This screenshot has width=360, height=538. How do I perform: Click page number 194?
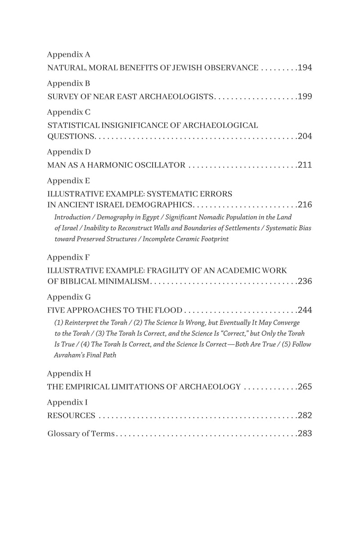coord(305,68)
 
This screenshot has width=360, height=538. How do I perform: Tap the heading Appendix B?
coord(68,83)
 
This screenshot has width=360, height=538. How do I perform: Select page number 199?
coord(305,97)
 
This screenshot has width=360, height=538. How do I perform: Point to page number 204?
coord(305,136)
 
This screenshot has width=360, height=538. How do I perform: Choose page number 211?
coord(305,165)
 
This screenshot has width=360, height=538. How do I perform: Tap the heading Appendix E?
coord(68,181)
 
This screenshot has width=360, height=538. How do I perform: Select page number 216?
coord(305,205)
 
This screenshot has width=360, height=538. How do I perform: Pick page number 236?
coord(305,281)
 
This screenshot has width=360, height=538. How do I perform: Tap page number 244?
coord(305,310)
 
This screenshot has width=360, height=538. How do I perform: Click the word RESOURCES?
coord(71,416)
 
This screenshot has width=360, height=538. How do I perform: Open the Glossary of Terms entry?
coord(81,434)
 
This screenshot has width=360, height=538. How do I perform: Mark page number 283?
coord(305,434)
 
